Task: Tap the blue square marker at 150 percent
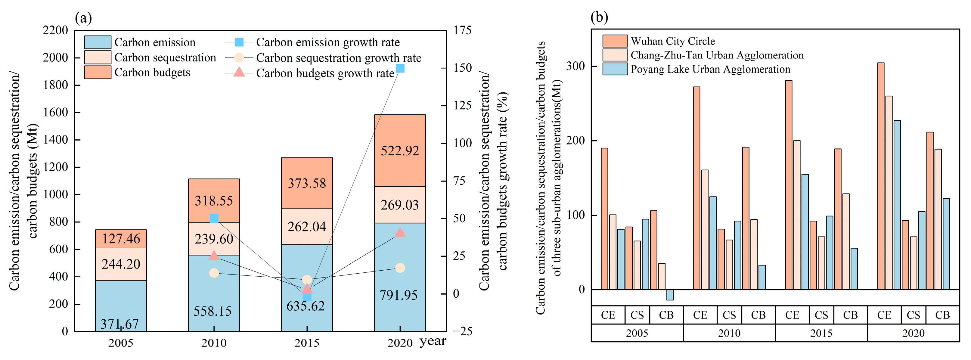click(400, 68)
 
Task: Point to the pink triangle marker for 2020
click(400, 233)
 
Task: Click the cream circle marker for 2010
click(214, 273)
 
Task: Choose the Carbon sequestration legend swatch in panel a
click(98, 57)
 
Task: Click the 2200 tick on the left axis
click(55, 30)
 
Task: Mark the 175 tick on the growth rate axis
click(462, 30)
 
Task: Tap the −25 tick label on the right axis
click(462, 331)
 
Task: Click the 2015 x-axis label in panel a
click(307, 343)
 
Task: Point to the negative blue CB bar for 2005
click(670, 295)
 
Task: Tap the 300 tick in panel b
click(575, 66)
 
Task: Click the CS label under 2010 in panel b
click(729, 315)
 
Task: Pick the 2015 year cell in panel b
click(821, 333)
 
